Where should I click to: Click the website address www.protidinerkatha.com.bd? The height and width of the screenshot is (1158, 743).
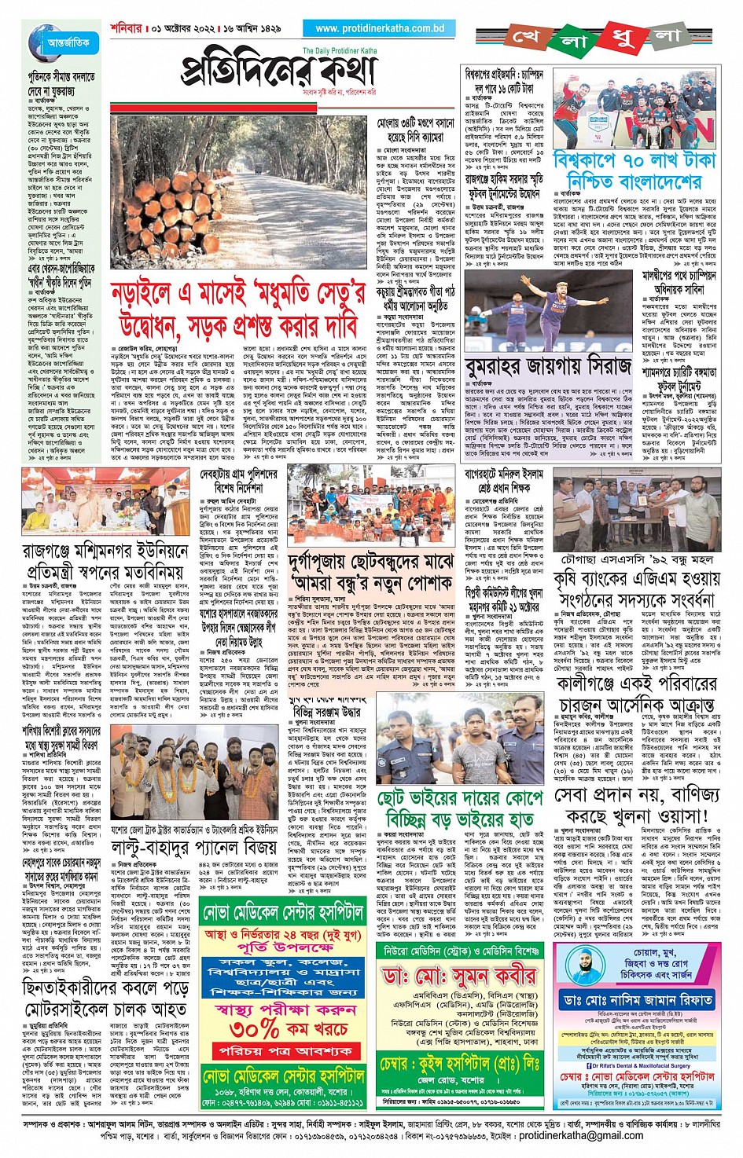tap(380, 28)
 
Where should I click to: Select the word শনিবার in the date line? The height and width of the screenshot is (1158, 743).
tap(124, 28)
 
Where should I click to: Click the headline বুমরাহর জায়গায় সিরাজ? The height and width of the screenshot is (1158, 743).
tap(548, 367)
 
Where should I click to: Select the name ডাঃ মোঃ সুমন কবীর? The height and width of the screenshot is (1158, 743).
tap(459, 975)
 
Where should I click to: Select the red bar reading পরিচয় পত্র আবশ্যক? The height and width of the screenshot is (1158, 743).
tap(274, 1050)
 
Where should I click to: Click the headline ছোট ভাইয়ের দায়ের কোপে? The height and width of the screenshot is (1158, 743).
tap(460, 798)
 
